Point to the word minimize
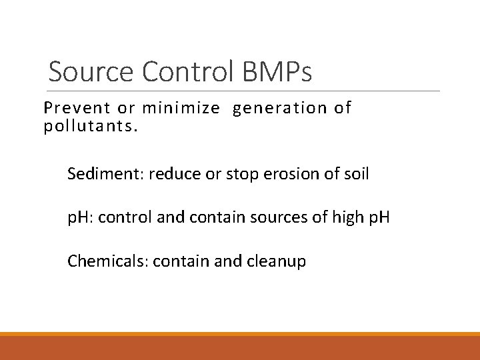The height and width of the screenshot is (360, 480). pos(181,107)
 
